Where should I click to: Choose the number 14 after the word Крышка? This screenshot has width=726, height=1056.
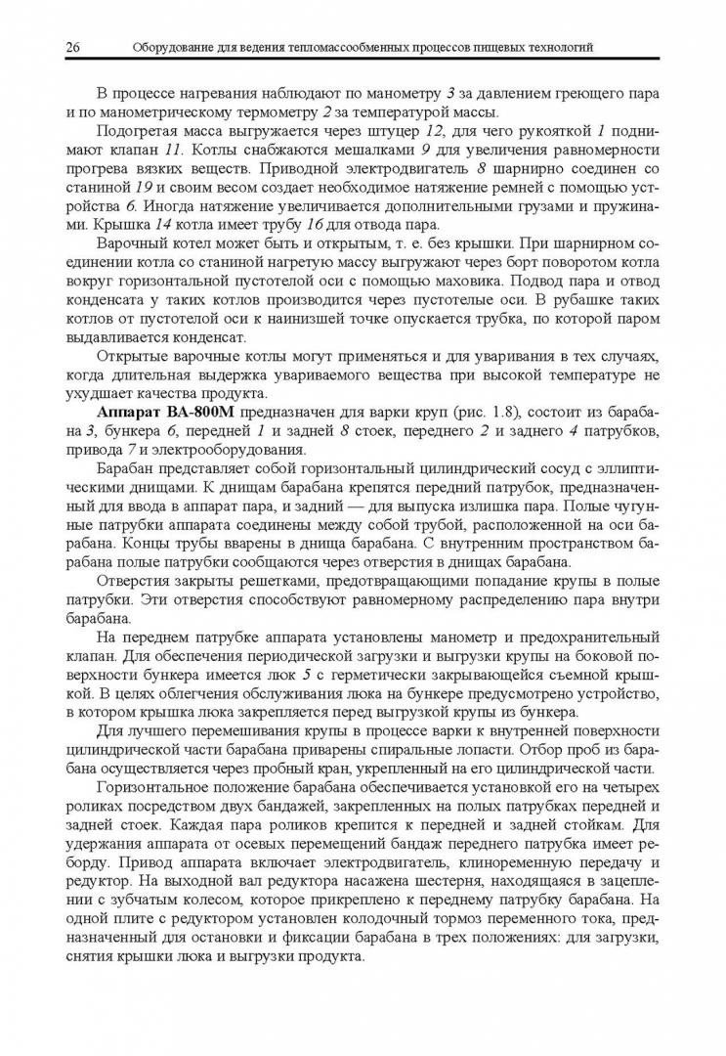coord(153,224)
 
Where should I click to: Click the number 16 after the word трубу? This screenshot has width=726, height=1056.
coord(314,224)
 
